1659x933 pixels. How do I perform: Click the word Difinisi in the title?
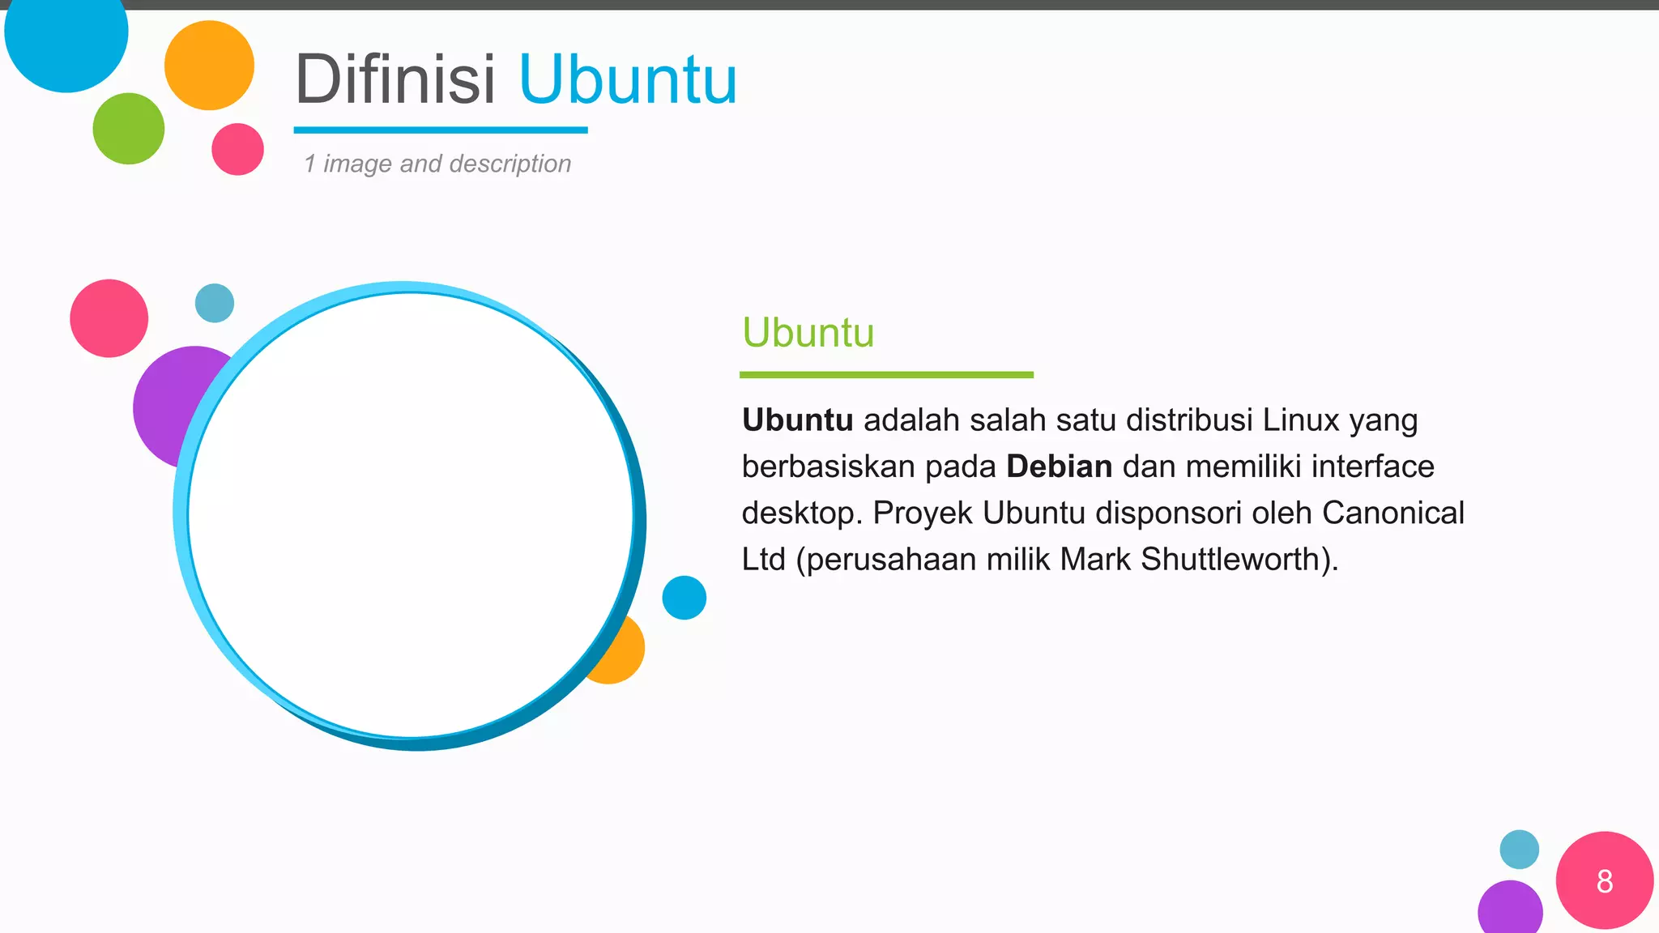(x=394, y=79)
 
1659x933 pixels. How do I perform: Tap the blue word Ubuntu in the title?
(x=628, y=79)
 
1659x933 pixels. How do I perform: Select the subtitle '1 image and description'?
(x=437, y=164)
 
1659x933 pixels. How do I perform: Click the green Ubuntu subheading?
(x=808, y=333)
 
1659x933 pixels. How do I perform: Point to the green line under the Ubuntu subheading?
(x=886, y=375)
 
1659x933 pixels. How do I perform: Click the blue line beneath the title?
(x=440, y=130)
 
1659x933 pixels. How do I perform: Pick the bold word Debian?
(x=1059, y=466)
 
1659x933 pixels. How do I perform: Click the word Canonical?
(x=1392, y=513)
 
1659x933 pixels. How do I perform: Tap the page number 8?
(x=1604, y=881)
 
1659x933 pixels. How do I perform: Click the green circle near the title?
(x=128, y=129)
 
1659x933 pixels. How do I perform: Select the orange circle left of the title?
(x=209, y=66)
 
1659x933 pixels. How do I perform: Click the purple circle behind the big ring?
(x=166, y=405)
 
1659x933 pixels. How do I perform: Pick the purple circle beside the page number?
(x=1509, y=909)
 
